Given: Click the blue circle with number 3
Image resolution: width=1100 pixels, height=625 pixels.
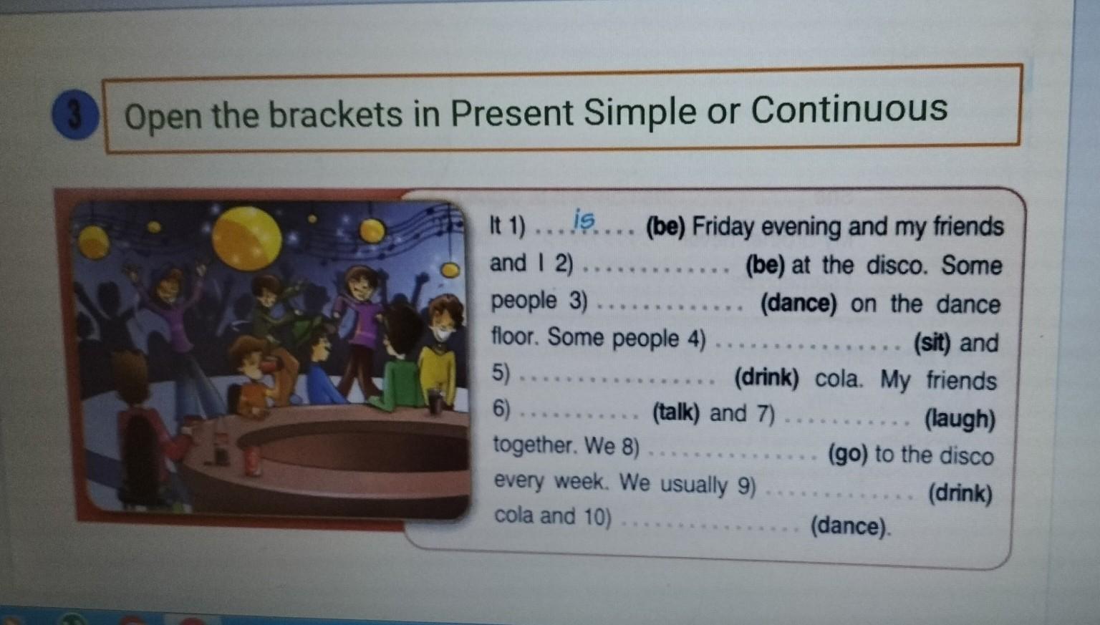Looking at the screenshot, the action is [75, 115].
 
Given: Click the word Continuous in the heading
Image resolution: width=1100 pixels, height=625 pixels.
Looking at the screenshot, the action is [849, 109].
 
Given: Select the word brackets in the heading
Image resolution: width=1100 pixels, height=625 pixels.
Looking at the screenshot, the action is [335, 115].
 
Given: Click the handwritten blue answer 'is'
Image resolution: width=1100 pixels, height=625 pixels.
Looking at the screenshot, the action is [584, 220].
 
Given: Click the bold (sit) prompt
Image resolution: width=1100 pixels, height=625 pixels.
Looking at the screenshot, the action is [932, 343].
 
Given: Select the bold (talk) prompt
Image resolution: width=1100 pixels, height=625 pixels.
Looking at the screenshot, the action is [676, 412].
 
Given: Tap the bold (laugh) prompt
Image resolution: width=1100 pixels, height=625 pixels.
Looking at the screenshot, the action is [960, 420].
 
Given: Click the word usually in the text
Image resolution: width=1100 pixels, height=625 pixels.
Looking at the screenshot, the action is [693, 484].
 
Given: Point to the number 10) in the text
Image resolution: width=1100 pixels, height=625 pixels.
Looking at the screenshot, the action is [597, 516].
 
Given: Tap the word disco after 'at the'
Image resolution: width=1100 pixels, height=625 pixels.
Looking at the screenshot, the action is [897, 266].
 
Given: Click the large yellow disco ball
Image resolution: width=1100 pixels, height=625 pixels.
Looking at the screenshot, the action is [247, 238].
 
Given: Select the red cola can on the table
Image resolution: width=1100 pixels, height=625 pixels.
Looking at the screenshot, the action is [252, 460].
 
